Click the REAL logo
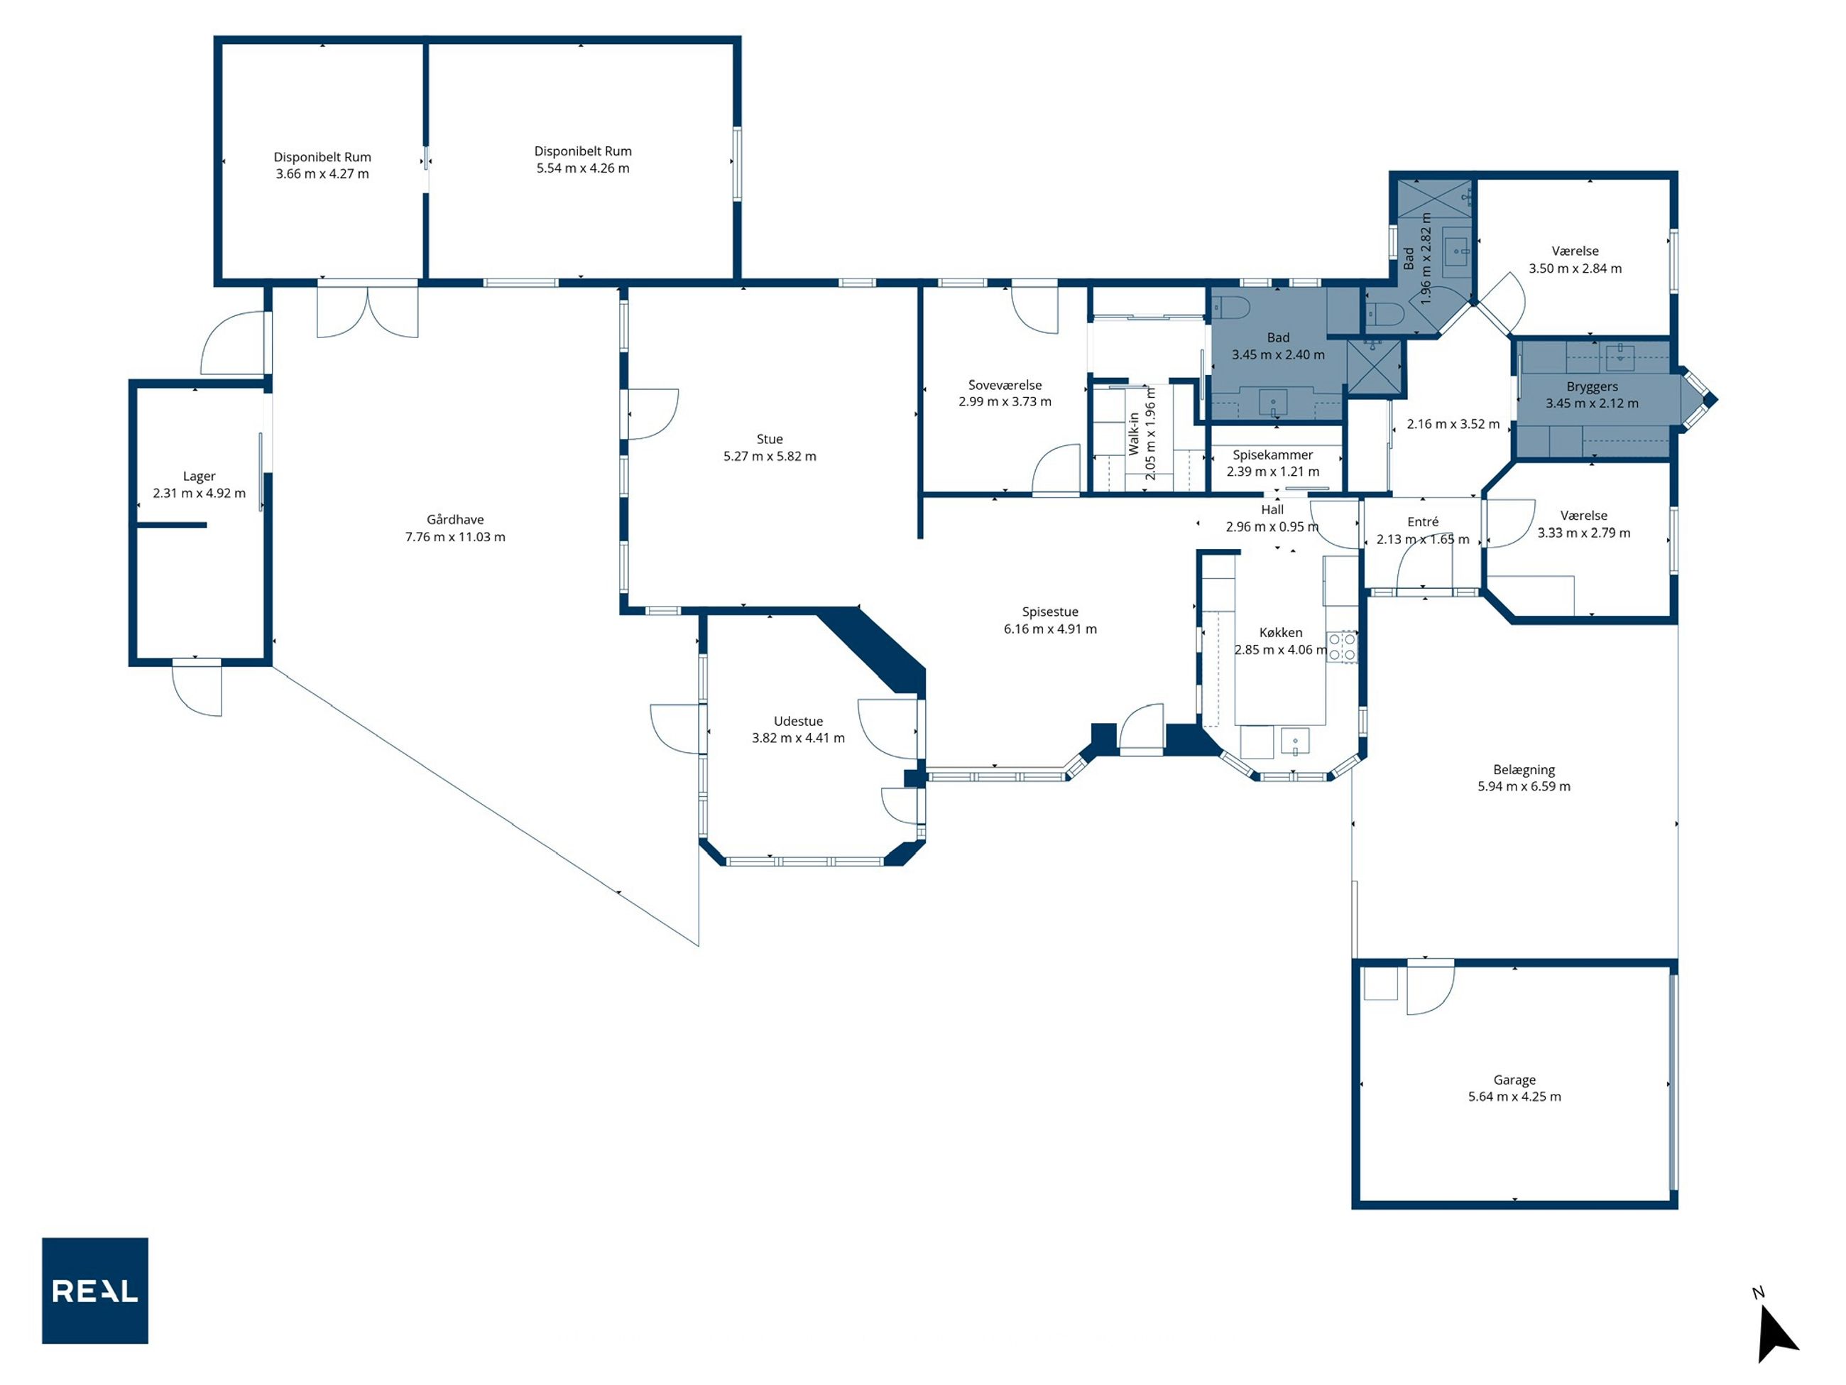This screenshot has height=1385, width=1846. click(95, 1290)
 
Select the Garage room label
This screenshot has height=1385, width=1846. click(1514, 1080)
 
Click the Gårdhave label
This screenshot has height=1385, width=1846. click(455, 519)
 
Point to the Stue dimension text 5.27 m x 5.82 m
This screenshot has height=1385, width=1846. click(770, 456)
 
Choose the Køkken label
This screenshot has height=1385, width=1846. click(1280, 633)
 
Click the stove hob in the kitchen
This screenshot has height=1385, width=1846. click(1342, 647)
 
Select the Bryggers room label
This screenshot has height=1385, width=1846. click(1592, 386)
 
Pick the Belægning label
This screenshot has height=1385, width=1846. click(1524, 770)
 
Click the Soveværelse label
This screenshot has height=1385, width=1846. click(1005, 385)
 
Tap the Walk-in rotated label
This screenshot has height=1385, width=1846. click(1133, 434)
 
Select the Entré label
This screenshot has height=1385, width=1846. click(1423, 522)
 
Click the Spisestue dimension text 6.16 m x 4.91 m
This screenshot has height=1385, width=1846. click(1050, 629)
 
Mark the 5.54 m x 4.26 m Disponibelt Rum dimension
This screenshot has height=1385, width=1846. click(582, 168)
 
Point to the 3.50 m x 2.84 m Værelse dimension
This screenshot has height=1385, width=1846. click(1575, 268)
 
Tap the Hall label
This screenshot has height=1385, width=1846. click(1272, 509)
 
